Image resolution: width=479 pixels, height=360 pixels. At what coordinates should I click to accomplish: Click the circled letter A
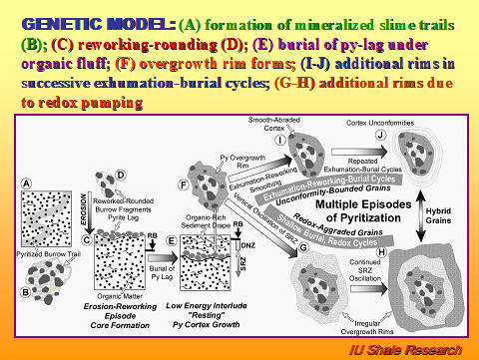coord(27,183)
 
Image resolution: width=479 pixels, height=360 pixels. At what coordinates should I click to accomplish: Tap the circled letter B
coord(27,292)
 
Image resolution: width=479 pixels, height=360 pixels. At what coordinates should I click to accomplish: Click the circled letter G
coord(303,245)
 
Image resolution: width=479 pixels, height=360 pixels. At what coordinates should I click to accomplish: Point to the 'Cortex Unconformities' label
coord(380,122)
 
